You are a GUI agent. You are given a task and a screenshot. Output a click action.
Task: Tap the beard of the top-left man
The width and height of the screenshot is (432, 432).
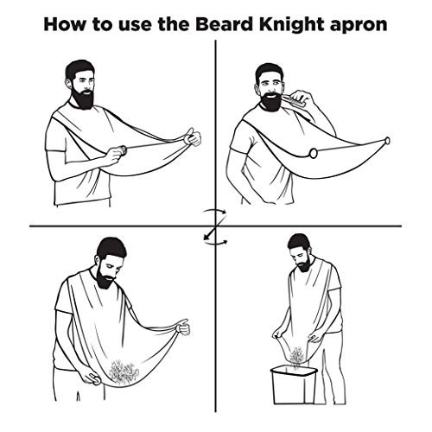click(83, 97)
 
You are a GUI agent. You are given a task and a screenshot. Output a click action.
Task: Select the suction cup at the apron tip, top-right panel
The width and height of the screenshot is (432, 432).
click(386, 140)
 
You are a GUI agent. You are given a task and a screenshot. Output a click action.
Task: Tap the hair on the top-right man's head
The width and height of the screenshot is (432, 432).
click(270, 69)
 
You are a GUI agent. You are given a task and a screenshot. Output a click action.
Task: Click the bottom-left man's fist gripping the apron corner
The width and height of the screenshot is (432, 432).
click(181, 327)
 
